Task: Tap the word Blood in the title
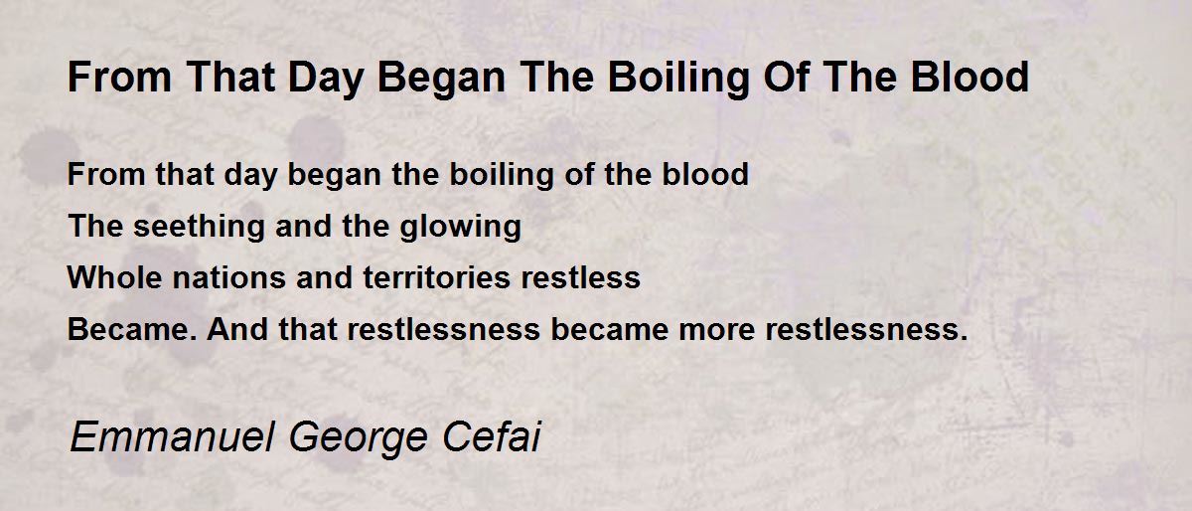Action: coord(969,77)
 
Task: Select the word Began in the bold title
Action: coord(441,79)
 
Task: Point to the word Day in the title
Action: coord(326,79)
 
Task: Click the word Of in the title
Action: coord(787,77)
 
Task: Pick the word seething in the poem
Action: coord(199,227)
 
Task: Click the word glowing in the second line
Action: coord(460,228)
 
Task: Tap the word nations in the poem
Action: coord(229,277)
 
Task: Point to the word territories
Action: coord(436,277)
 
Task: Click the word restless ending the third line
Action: coord(580,277)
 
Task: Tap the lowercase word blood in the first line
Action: coord(705,174)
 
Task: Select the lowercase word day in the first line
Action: coord(250,175)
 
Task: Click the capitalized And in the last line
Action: coord(237,329)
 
